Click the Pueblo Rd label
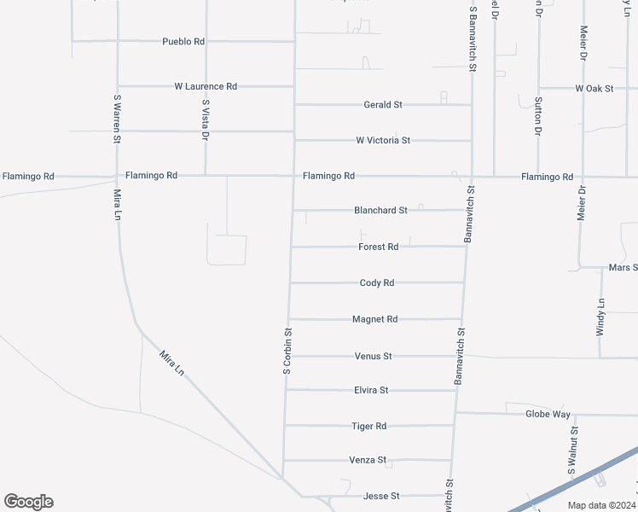(183, 41)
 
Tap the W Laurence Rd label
(206, 86)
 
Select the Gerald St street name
(383, 105)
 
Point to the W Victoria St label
(383, 140)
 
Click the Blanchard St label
(381, 210)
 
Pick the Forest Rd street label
(379, 247)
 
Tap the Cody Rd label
(377, 282)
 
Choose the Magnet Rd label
(375, 319)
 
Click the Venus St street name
(373, 356)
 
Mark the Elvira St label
(371, 390)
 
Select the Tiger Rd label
(369, 426)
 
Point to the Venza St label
(368, 460)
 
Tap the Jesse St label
(381, 496)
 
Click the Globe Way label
(548, 414)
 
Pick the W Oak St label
(594, 88)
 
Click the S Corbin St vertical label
(288, 352)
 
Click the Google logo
(28, 502)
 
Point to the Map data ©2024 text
(600, 505)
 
